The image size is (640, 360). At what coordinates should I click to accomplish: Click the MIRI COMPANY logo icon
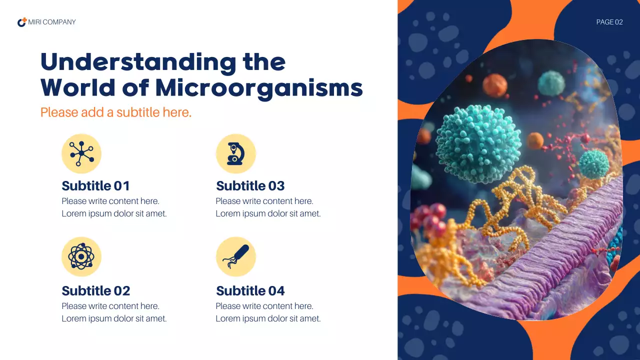(x=22, y=22)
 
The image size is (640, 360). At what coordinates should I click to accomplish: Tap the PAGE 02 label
(x=609, y=22)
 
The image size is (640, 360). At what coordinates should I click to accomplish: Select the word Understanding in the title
(x=137, y=62)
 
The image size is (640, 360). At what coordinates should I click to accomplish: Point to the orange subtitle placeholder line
(x=116, y=112)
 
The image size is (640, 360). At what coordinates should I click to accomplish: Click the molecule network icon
(x=81, y=153)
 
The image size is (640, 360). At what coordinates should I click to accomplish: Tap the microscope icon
(x=235, y=153)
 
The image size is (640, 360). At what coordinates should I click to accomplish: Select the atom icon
(x=81, y=256)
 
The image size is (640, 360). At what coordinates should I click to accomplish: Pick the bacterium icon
(x=235, y=256)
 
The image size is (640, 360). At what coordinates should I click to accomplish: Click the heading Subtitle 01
(x=95, y=186)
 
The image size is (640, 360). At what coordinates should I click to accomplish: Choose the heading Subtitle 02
(x=95, y=291)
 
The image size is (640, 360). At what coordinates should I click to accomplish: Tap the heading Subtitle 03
(x=250, y=186)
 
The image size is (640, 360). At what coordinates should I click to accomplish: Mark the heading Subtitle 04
(x=250, y=291)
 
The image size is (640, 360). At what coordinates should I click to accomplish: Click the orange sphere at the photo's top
(x=495, y=85)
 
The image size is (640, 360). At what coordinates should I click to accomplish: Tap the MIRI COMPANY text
(x=52, y=22)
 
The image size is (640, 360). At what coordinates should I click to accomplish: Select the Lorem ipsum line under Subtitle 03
(x=268, y=213)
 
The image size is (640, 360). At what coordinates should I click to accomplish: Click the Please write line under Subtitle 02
(x=110, y=306)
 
